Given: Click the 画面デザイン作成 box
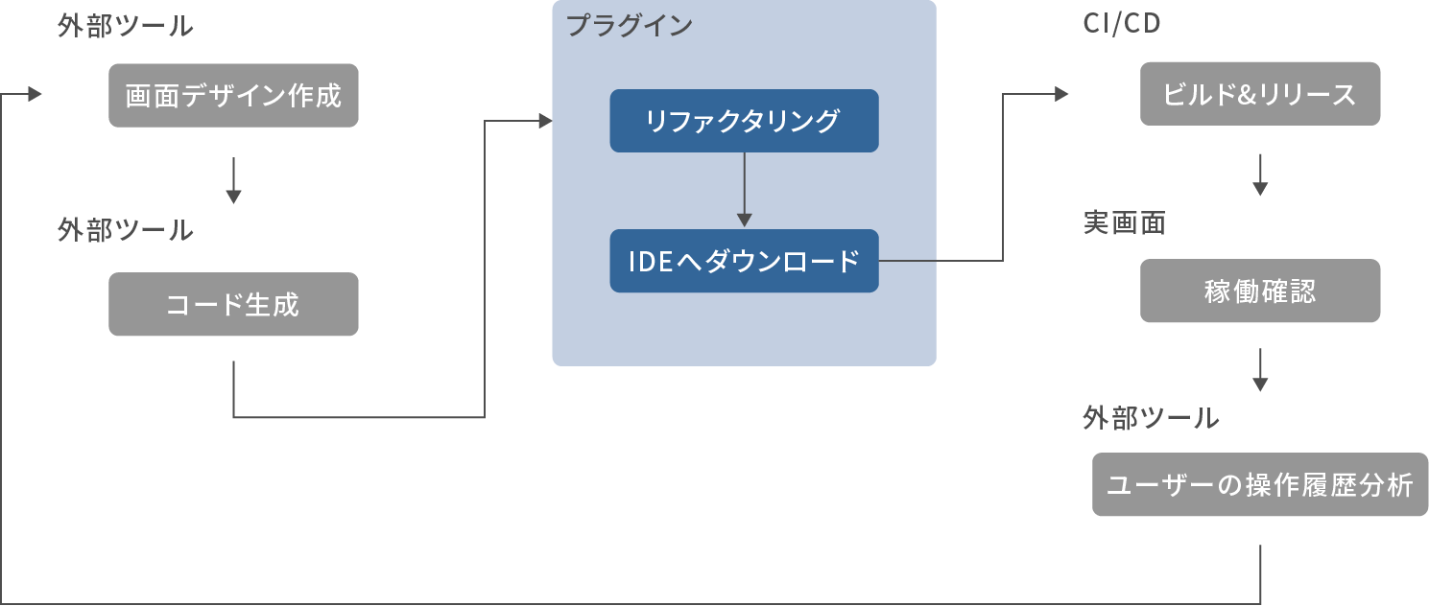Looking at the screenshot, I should (x=233, y=96).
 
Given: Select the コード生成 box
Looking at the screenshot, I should (x=233, y=304).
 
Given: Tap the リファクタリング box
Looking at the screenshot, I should (x=744, y=121).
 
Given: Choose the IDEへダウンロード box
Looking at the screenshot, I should (x=744, y=261).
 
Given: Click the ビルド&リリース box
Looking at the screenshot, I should (x=1259, y=94).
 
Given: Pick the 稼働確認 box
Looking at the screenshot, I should (x=1259, y=291).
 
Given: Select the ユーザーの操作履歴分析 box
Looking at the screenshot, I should (x=1259, y=484).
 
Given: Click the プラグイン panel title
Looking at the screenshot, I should (x=629, y=26).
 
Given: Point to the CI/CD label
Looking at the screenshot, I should (x=1122, y=24).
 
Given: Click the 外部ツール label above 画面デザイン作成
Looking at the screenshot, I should (x=126, y=26).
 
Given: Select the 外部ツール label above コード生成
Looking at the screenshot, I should (x=126, y=230).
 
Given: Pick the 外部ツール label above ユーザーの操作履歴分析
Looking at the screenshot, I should (x=1151, y=417).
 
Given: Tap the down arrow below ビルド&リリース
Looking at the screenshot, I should (x=1260, y=175).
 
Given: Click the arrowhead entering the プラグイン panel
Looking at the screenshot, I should (x=545, y=121).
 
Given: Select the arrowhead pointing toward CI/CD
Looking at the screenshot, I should (x=1060, y=94).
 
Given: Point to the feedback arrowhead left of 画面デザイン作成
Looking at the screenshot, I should (x=35, y=94).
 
